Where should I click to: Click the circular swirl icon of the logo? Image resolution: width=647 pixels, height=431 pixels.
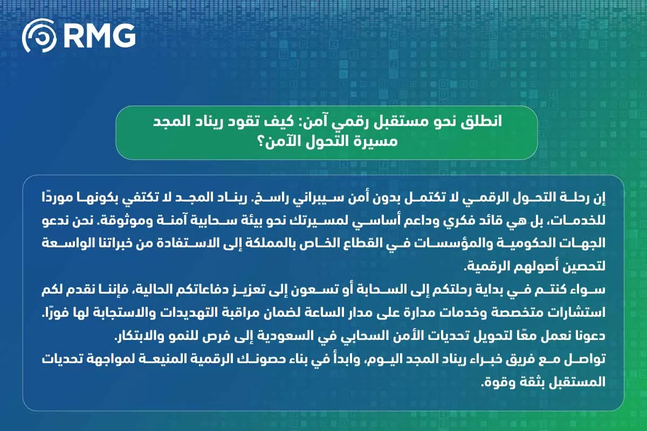tap(39, 36)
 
